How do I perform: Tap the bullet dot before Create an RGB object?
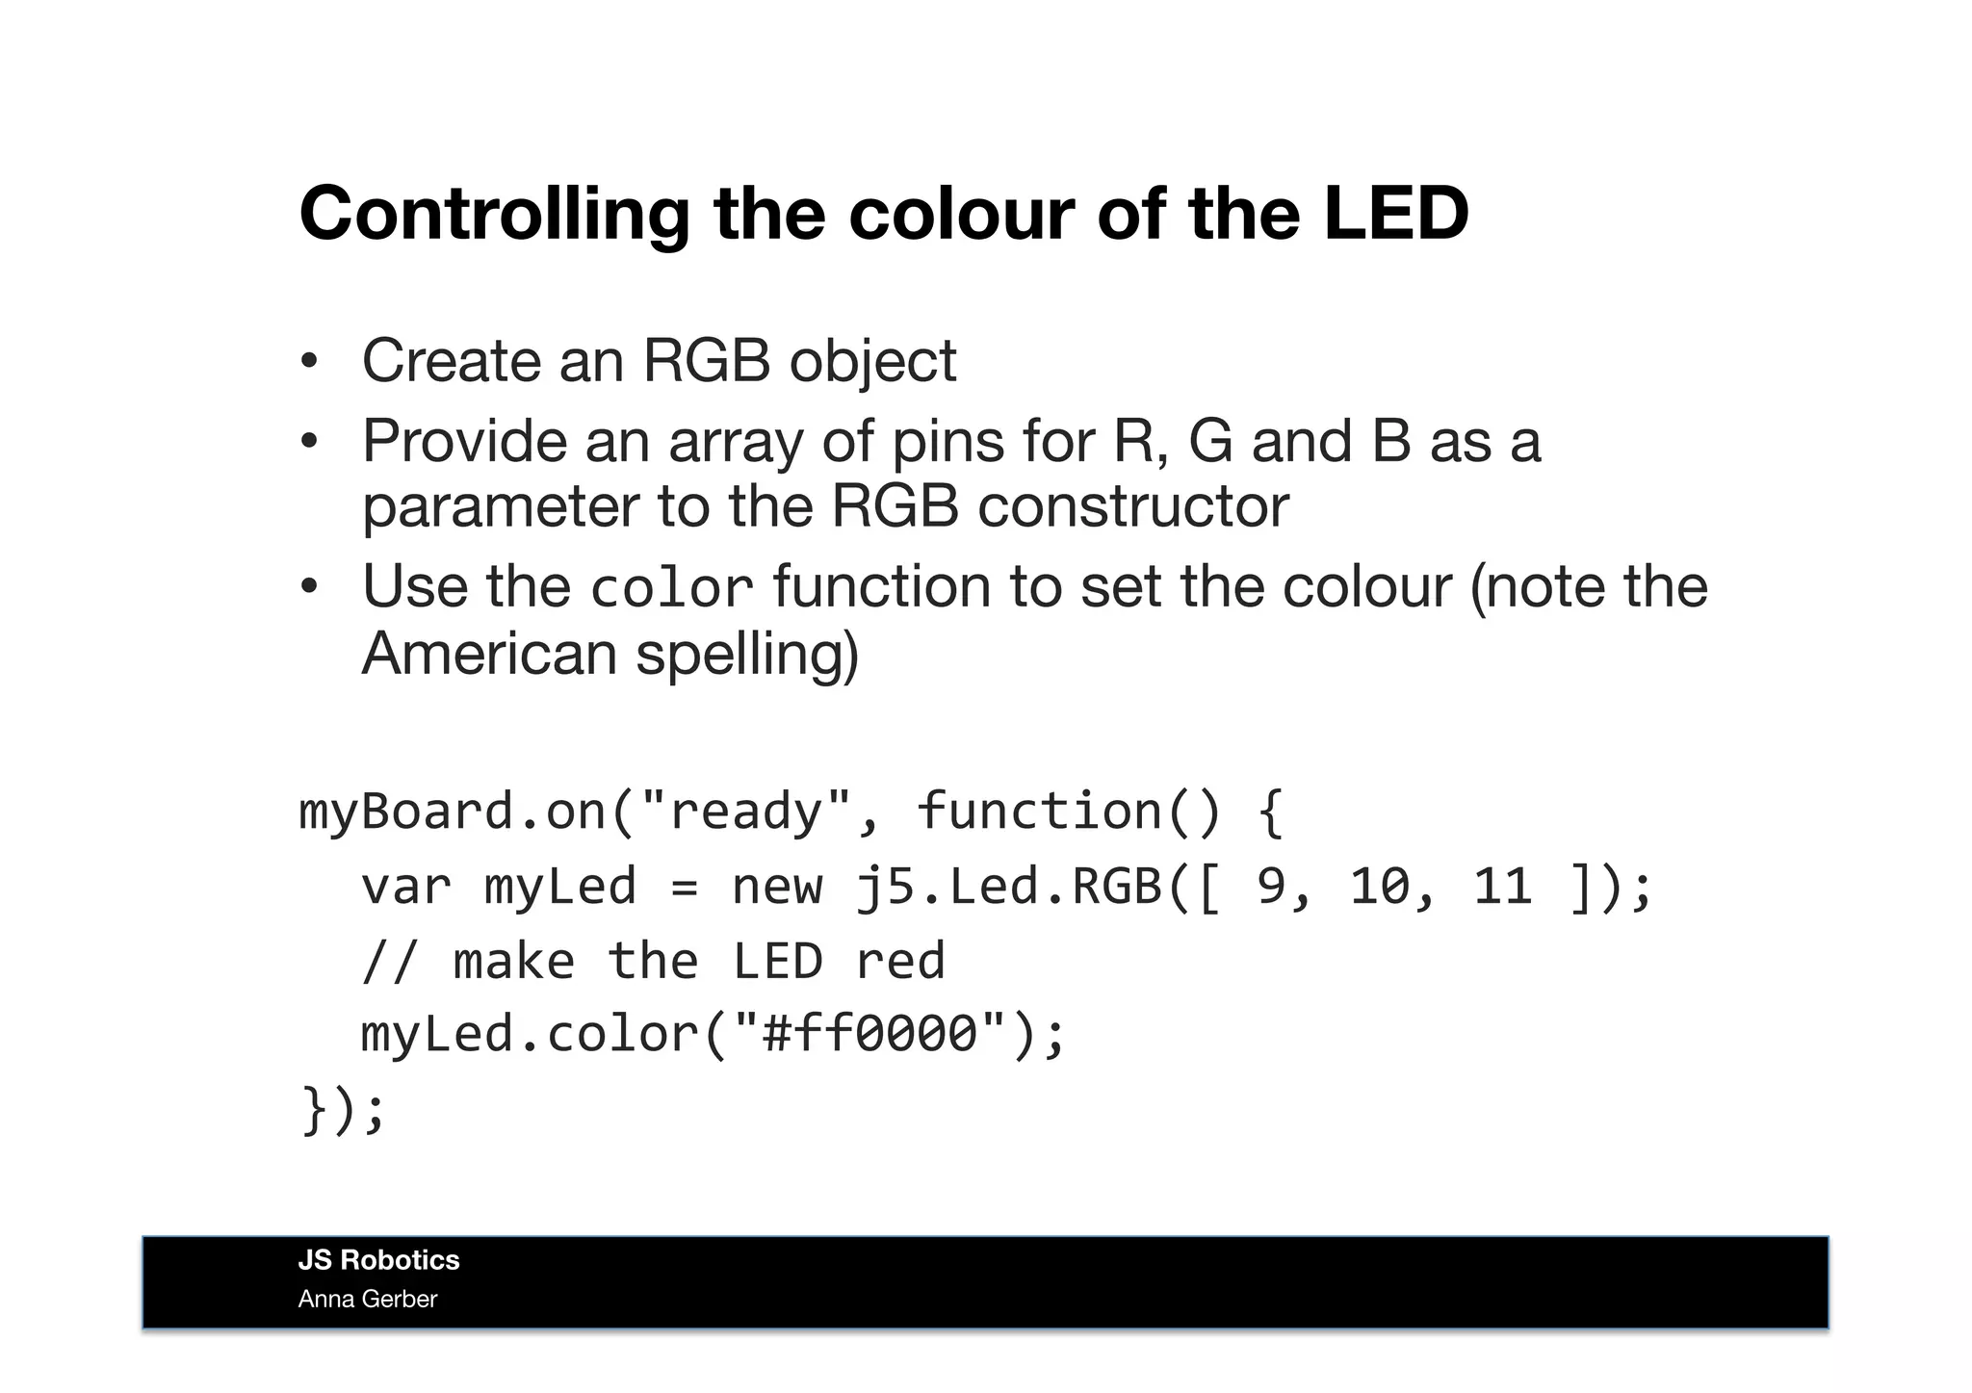pyautogui.click(x=308, y=362)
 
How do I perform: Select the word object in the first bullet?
pyautogui.click(x=872, y=362)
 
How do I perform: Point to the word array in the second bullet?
pyautogui.click(x=735, y=443)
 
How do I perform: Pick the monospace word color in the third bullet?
pyautogui.click(x=671, y=588)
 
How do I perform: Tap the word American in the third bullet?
pyautogui.click(x=489, y=654)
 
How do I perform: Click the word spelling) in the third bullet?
pyautogui.click(x=747, y=656)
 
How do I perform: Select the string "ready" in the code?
pyautogui.click(x=745, y=811)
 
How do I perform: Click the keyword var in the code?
pyautogui.click(x=405, y=886)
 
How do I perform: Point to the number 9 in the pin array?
pyautogui.click(x=1271, y=886)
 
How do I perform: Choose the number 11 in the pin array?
pyautogui.click(x=1502, y=886)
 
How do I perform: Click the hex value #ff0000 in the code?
pyautogui.click(x=869, y=1034)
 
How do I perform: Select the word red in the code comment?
pyautogui.click(x=900, y=961)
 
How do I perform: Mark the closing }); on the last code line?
pyautogui.click(x=343, y=1109)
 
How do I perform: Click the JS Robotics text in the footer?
pyautogui.click(x=378, y=1260)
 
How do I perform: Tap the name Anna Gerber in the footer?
pyautogui.click(x=368, y=1300)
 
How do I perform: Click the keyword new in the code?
pyautogui.click(x=777, y=886)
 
